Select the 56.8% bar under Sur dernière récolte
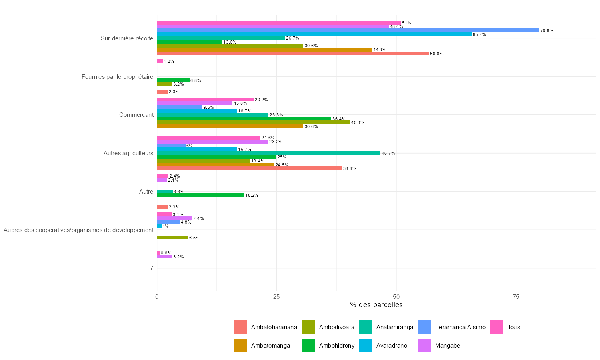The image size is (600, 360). [292, 54]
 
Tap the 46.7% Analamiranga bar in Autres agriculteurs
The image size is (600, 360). [268, 153]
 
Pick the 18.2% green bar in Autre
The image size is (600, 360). [200, 195]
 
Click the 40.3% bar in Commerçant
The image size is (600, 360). [253, 122]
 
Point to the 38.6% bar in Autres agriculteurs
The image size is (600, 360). [249, 168]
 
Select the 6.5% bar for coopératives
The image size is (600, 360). [172, 238]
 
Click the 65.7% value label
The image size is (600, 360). [479, 35]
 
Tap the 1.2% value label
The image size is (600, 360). [169, 62]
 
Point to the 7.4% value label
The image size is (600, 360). [198, 218]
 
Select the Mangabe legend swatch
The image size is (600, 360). [424, 346]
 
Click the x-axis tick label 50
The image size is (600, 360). [396, 297]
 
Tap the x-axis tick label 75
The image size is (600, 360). [516, 297]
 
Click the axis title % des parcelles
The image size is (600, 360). [376, 305]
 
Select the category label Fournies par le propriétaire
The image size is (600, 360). [117, 77]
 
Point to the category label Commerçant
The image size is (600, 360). [136, 115]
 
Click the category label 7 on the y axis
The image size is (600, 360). [152, 268]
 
